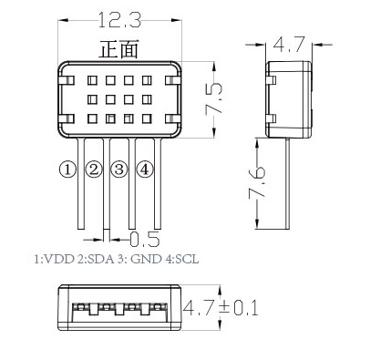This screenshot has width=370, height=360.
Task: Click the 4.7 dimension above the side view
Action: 290,43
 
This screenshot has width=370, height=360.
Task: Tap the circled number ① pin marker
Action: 67,169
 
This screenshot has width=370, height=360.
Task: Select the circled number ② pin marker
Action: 93,169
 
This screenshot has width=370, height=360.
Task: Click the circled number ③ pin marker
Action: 119,169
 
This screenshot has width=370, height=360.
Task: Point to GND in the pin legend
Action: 144,259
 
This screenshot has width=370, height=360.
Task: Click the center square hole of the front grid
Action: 111,98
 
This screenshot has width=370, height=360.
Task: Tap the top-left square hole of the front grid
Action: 92,80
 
